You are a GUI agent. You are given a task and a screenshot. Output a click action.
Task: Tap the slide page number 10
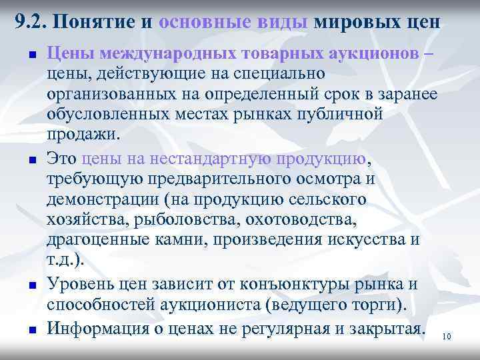point(447,337)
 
